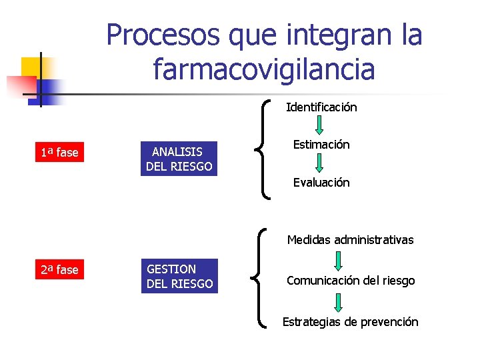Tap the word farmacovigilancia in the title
[264, 68]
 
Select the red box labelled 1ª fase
[59, 153]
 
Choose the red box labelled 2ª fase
[59, 270]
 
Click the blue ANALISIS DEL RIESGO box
[178, 159]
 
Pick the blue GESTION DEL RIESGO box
[179, 276]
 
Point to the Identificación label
[321, 107]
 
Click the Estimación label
[321, 145]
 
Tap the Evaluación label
[321, 183]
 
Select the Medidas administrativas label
[350, 240]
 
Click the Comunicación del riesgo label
[351, 281]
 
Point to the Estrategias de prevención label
[351, 322]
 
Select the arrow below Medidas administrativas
[339, 260]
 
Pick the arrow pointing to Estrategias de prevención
[339, 302]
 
